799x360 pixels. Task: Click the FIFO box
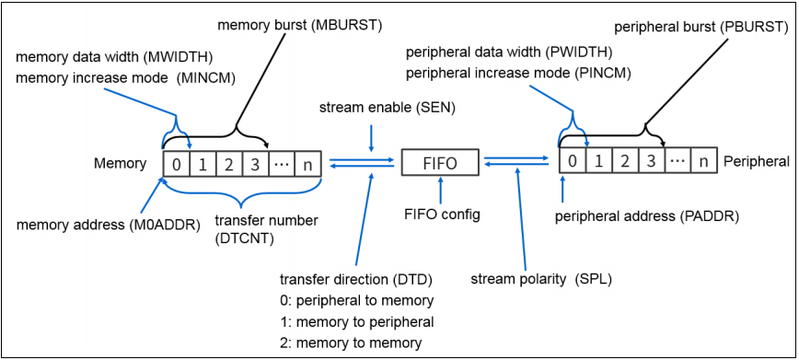point(440,163)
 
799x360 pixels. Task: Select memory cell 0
point(175,164)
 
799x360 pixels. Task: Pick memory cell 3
point(254,164)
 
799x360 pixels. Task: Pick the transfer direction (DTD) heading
point(355,278)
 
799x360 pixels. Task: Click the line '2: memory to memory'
point(350,343)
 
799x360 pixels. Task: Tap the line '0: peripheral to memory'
point(355,300)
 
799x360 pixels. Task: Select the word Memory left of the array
point(120,164)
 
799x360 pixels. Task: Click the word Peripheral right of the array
point(756,162)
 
